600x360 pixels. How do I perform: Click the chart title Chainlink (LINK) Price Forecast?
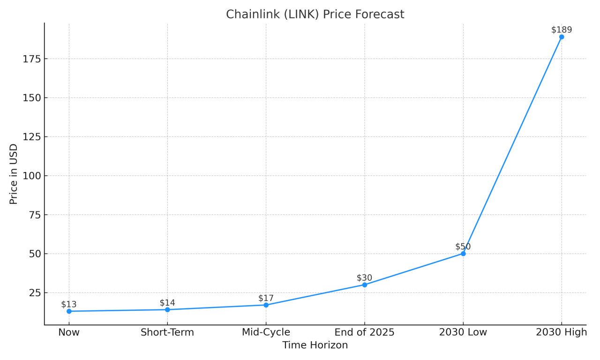pyautogui.click(x=315, y=15)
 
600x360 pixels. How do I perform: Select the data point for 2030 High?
pyautogui.click(x=562, y=37)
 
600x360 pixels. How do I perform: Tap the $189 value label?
pyautogui.click(x=562, y=30)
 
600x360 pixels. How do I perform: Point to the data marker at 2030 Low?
pyautogui.click(x=463, y=254)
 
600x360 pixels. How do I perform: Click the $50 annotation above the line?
pyautogui.click(x=463, y=247)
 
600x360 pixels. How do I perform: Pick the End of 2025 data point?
pyautogui.click(x=365, y=285)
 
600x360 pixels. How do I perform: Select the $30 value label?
pyautogui.click(x=365, y=278)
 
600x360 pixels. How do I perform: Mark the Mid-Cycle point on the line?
pyautogui.click(x=266, y=305)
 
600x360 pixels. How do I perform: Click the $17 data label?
pyautogui.click(x=266, y=298)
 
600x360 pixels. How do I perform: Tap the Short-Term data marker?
pyautogui.click(x=167, y=309)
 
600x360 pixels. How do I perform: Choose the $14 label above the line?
pyautogui.click(x=167, y=303)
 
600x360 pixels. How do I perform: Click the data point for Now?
pyautogui.click(x=69, y=311)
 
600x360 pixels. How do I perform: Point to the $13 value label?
pyautogui.click(x=69, y=304)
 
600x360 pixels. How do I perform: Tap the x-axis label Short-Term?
pyautogui.click(x=167, y=332)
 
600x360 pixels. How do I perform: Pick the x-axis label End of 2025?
pyautogui.click(x=365, y=332)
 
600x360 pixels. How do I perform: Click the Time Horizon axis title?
pyautogui.click(x=315, y=345)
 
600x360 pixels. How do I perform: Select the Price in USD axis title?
pyautogui.click(x=14, y=174)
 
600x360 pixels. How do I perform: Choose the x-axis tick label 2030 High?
pyautogui.click(x=562, y=332)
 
